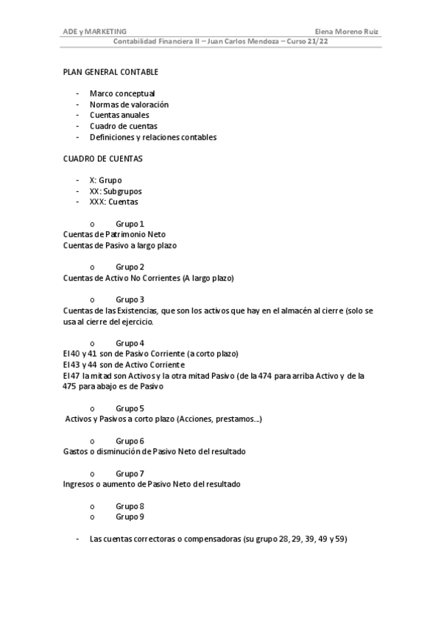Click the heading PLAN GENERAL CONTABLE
[x=110, y=72]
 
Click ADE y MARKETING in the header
[x=95, y=32]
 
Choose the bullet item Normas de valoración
[x=129, y=104]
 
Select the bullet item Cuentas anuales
[x=119, y=115]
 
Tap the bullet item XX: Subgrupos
[x=116, y=191]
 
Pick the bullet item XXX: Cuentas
[x=113, y=202]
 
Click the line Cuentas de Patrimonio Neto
[x=114, y=234]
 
